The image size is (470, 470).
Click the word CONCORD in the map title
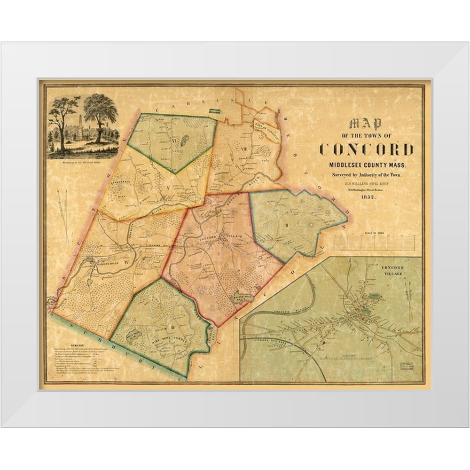[366, 149]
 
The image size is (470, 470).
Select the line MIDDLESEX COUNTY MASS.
[366, 165]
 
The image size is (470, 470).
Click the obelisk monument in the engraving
[80, 125]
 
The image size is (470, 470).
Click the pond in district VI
[185, 140]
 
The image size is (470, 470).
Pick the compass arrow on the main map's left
[63, 214]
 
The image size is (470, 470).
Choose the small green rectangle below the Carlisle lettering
[214, 111]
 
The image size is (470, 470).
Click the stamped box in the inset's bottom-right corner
[406, 365]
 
